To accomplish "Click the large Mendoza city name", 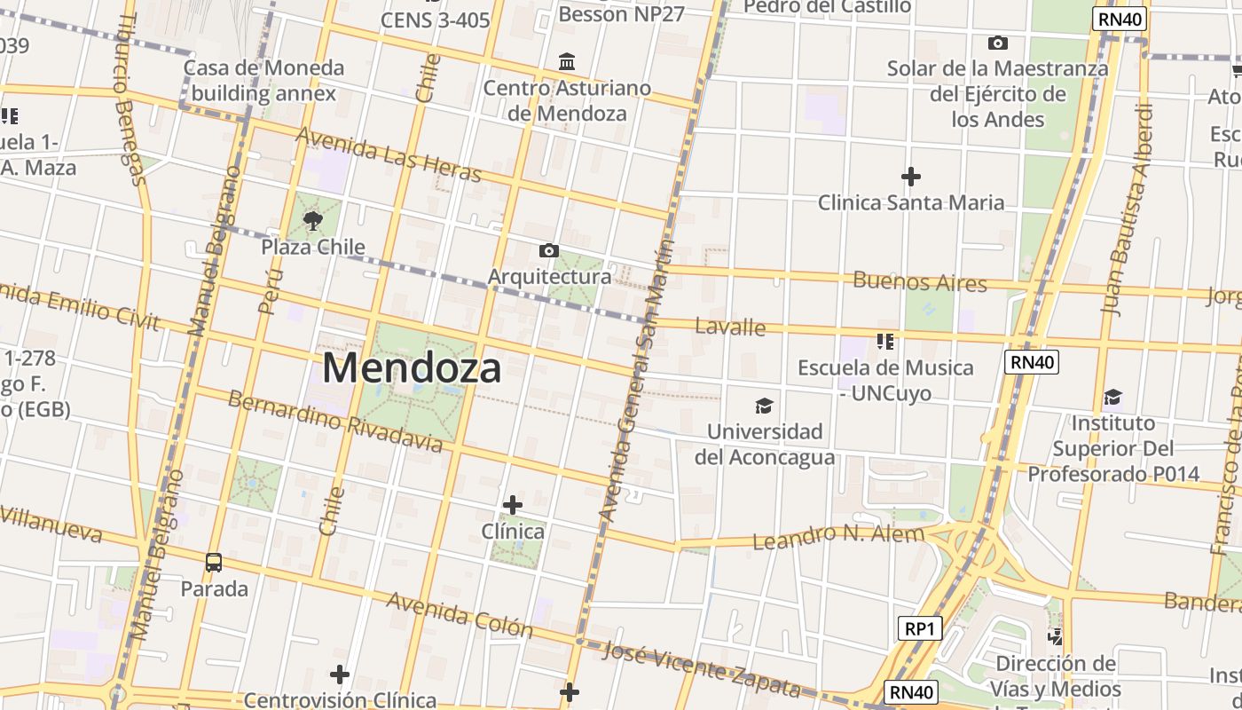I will tap(412, 367).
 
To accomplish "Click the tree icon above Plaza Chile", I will tap(312, 220).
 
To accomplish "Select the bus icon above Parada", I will tap(214, 562).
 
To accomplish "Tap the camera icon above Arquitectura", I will tap(549, 250).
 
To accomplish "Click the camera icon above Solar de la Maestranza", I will tap(998, 43).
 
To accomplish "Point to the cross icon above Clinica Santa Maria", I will tap(910, 177).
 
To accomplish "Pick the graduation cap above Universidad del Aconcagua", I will tap(763, 406).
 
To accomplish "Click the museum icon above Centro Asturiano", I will tap(567, 62).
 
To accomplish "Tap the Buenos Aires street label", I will tap(919, 282).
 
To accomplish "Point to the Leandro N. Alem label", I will tap(838, 536).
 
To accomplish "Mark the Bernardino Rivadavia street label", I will tap(334, 421).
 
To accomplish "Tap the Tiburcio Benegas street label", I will tap(130, 99).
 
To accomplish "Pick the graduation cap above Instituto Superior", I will tap(1112, 397).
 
